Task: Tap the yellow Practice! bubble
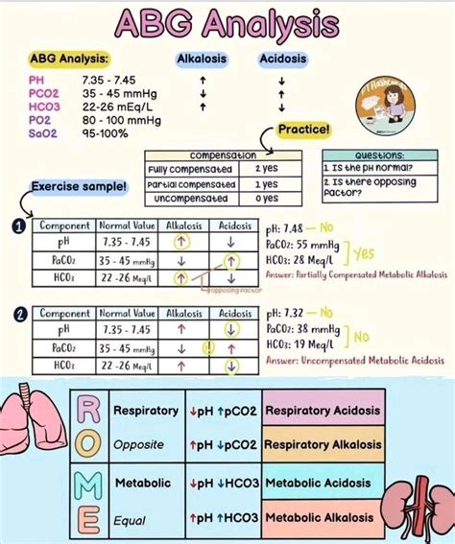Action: (303, 130)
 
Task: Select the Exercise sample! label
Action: (79, 185)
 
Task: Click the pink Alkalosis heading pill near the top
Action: (202, 59)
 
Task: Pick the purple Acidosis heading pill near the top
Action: (282, 59)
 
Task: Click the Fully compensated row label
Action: (192, 169)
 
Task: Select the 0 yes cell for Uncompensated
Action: (267, 198)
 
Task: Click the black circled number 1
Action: (18, 226)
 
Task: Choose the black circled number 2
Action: (18, 315)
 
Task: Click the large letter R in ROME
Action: (85, 412)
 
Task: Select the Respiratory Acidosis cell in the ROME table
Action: (323, 411)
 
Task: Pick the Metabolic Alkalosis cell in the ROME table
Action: (323, 517)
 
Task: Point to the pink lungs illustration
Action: (36, 423)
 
